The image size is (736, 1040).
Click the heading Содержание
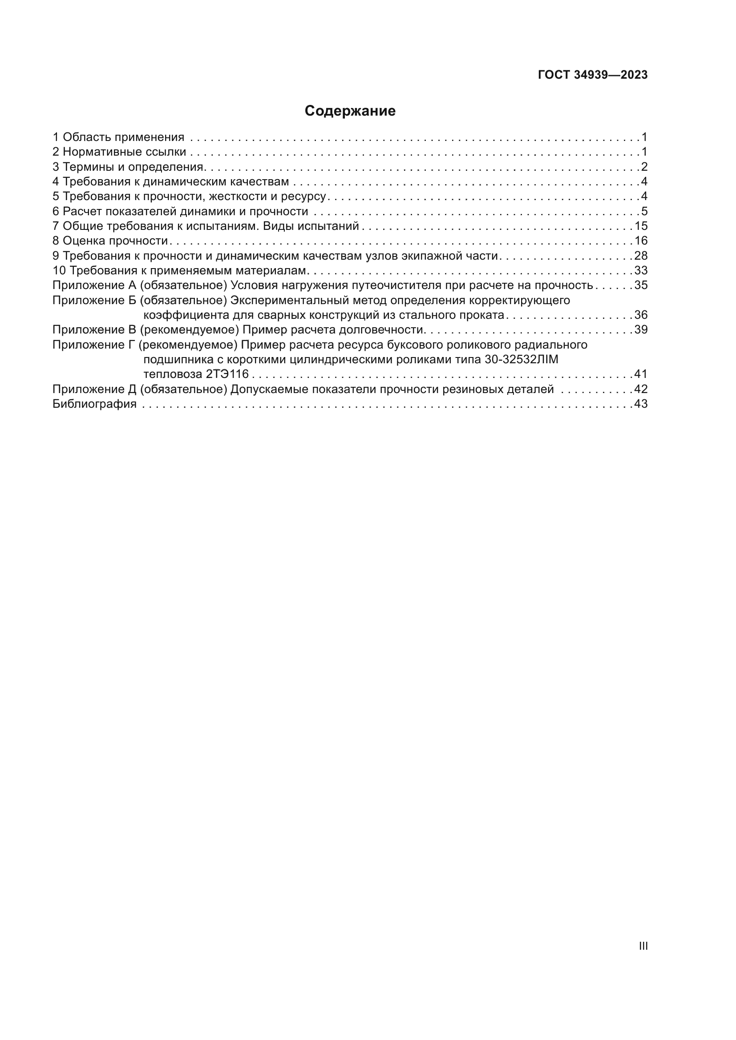pyautogui.click(x=350, y=111)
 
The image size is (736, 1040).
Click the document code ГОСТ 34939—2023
pyautogui.click(x=593, y=75)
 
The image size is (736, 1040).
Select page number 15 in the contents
pyautogui.click(x=641, y=226)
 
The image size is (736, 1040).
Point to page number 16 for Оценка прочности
pyautogui.click(x=641, y=241)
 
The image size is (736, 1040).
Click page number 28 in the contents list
pyautogui.click(x=641, y=256)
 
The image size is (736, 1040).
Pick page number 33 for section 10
pyautogui.click(x=641, y=270)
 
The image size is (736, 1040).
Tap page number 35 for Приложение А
pyautogui.click(x=641, y=285)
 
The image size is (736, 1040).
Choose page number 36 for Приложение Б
pyautogui.click(x=641, y=315)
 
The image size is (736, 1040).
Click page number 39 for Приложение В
pyautogui.click(x=641, y=329)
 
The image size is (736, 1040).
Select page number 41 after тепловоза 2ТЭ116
pyautogui.click(x=641, y=374)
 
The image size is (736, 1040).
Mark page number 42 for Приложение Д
pyautogui.click(x=641, y=389)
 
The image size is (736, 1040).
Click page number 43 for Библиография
pyautogui.click(x=641, y=404)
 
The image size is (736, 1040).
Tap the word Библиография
pyautogui.click(x=94, y=404)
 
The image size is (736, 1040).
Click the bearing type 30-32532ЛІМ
pyautogui.click(x=521, y=360)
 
